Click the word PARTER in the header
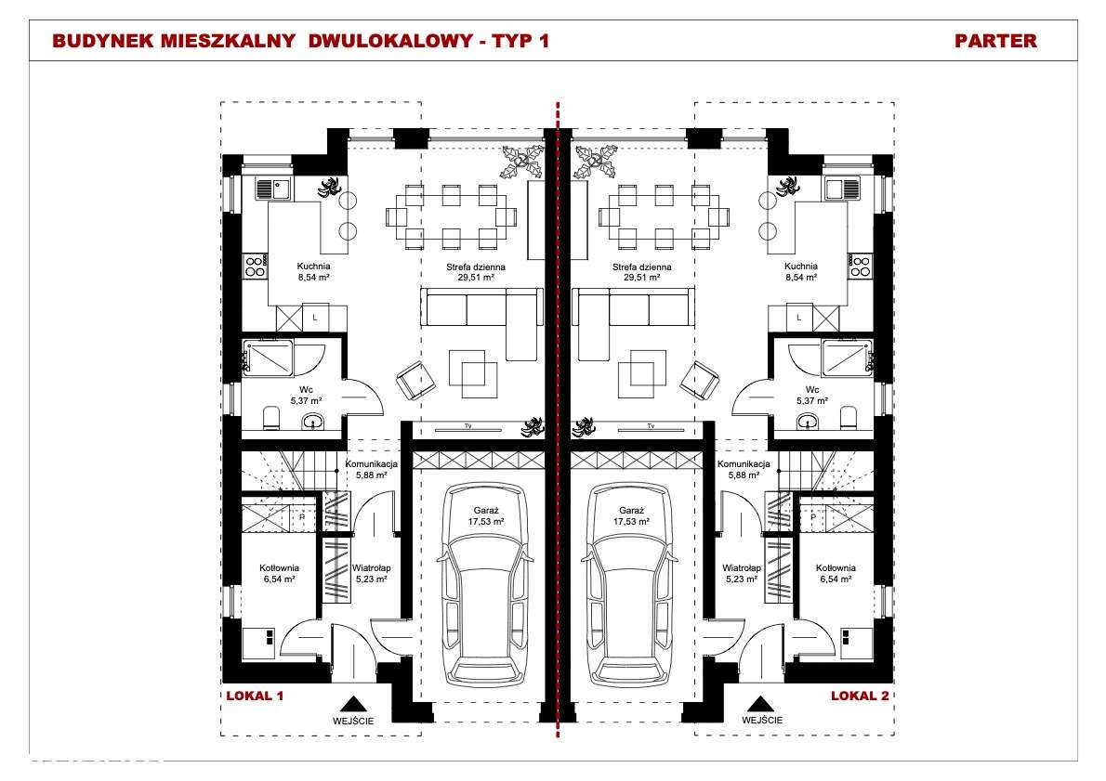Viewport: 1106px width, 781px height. [995, 41]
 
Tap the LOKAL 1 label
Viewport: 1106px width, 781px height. [255, 696]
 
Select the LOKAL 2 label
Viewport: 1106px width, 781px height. [860, 696]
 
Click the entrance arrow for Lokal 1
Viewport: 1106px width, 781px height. [352, 704]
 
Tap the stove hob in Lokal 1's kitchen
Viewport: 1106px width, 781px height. [255, 267]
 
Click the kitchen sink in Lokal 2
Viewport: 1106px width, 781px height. [843, 189]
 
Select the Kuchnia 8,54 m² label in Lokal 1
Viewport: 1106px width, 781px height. [314, 272]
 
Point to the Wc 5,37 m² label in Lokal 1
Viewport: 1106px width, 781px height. [306, 396]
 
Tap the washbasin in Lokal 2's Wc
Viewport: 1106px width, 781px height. [808, 422]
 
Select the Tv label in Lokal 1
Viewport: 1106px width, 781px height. [467, 425]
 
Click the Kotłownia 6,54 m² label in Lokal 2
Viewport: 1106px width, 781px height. [836, 573]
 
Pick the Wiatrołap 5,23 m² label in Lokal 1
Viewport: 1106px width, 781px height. [371, 573]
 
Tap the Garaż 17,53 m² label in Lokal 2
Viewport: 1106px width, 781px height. [631, 516]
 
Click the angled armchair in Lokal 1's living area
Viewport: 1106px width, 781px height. [414, 379]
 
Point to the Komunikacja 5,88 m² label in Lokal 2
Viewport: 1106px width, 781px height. [744, 470]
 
